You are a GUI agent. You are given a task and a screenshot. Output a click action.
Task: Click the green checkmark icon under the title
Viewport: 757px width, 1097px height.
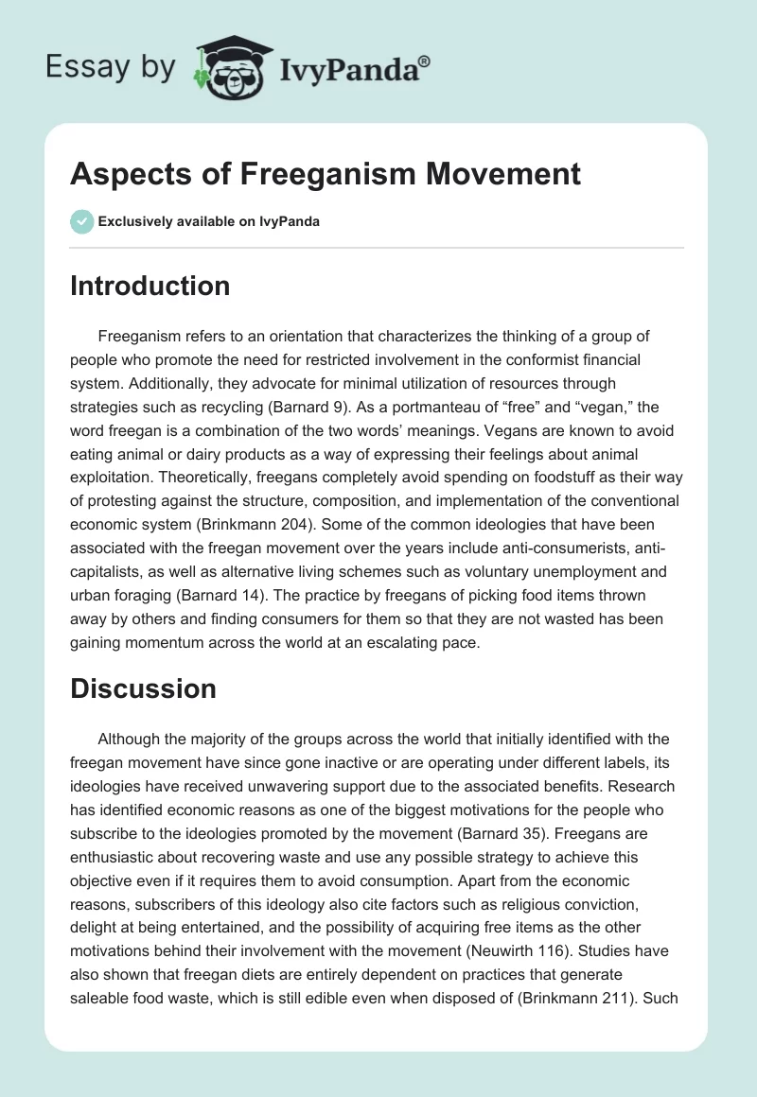pos(81,221)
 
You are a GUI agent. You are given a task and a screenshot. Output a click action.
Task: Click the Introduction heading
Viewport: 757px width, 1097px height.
pos(150,286)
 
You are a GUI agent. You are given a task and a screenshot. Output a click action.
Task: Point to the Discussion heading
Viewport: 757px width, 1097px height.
pos(143,688)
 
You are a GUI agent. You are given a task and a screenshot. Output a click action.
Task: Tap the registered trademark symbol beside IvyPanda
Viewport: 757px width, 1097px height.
pos(425,61)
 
